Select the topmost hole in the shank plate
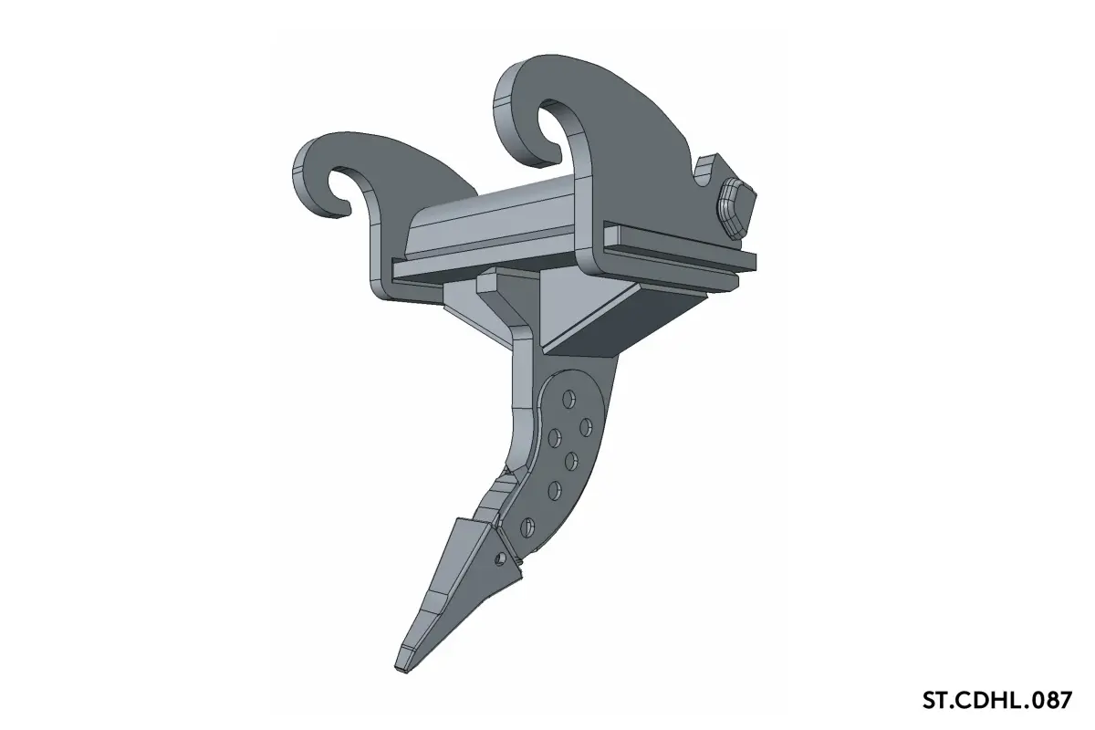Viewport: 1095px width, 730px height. [568, 399]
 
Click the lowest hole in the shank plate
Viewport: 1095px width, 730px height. [527, 527]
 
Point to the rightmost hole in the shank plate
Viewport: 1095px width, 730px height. [586, 427]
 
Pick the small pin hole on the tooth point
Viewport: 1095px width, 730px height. [500, 558]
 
